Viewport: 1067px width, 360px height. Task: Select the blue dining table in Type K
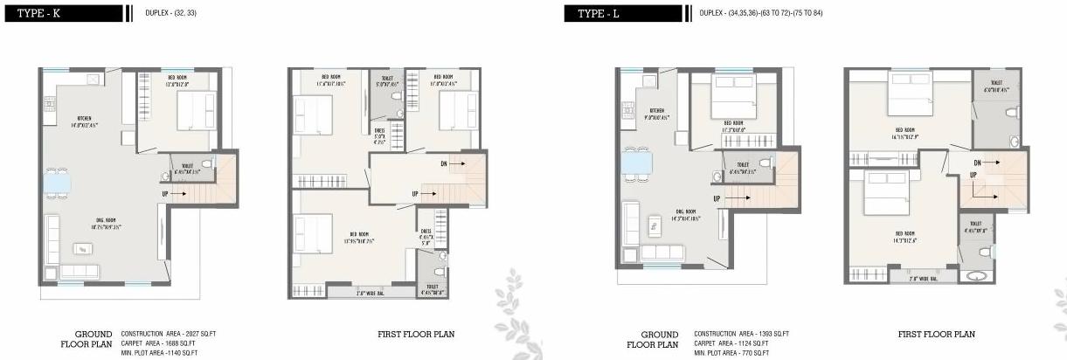click(59, 181)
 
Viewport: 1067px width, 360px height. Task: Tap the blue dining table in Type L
click(635, 163)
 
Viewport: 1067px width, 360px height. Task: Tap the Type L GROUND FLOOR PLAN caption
click(654, 339)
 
